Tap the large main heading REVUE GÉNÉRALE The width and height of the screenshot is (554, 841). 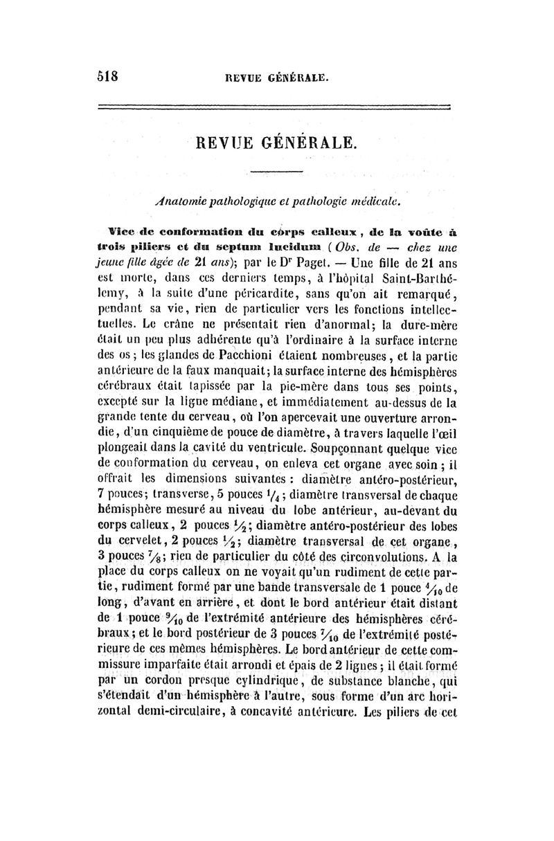[277, 144]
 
